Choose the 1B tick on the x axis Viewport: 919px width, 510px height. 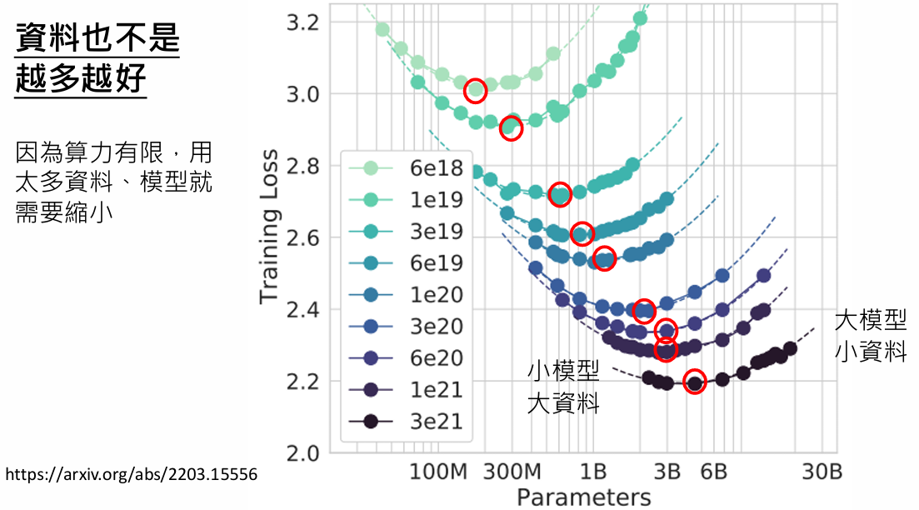coord(592,472)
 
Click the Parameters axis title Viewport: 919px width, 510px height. coord(583,497)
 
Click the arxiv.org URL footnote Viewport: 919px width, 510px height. coord(131,475)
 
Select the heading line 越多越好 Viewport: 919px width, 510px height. coord(81,79)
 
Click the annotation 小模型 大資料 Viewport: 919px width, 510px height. coord(563,387)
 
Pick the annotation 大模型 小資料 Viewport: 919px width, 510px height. coord(871,335)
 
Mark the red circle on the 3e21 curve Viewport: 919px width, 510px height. coord(694,382)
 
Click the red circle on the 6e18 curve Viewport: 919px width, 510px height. coord(476,91)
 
